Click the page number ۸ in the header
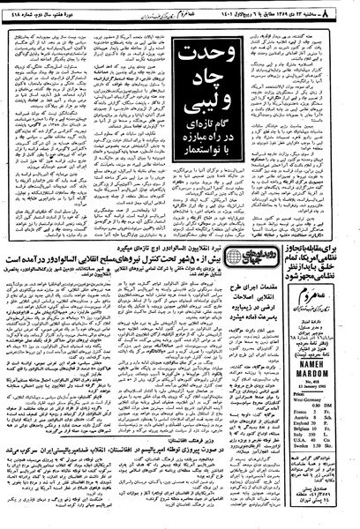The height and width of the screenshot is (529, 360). click(x=350, y=8)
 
